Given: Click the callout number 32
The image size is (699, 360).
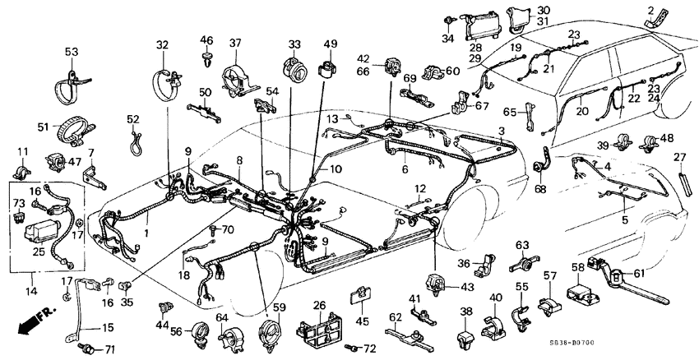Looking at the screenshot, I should pos(161,44).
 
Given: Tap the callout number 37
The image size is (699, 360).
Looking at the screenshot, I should pos(235,44).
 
